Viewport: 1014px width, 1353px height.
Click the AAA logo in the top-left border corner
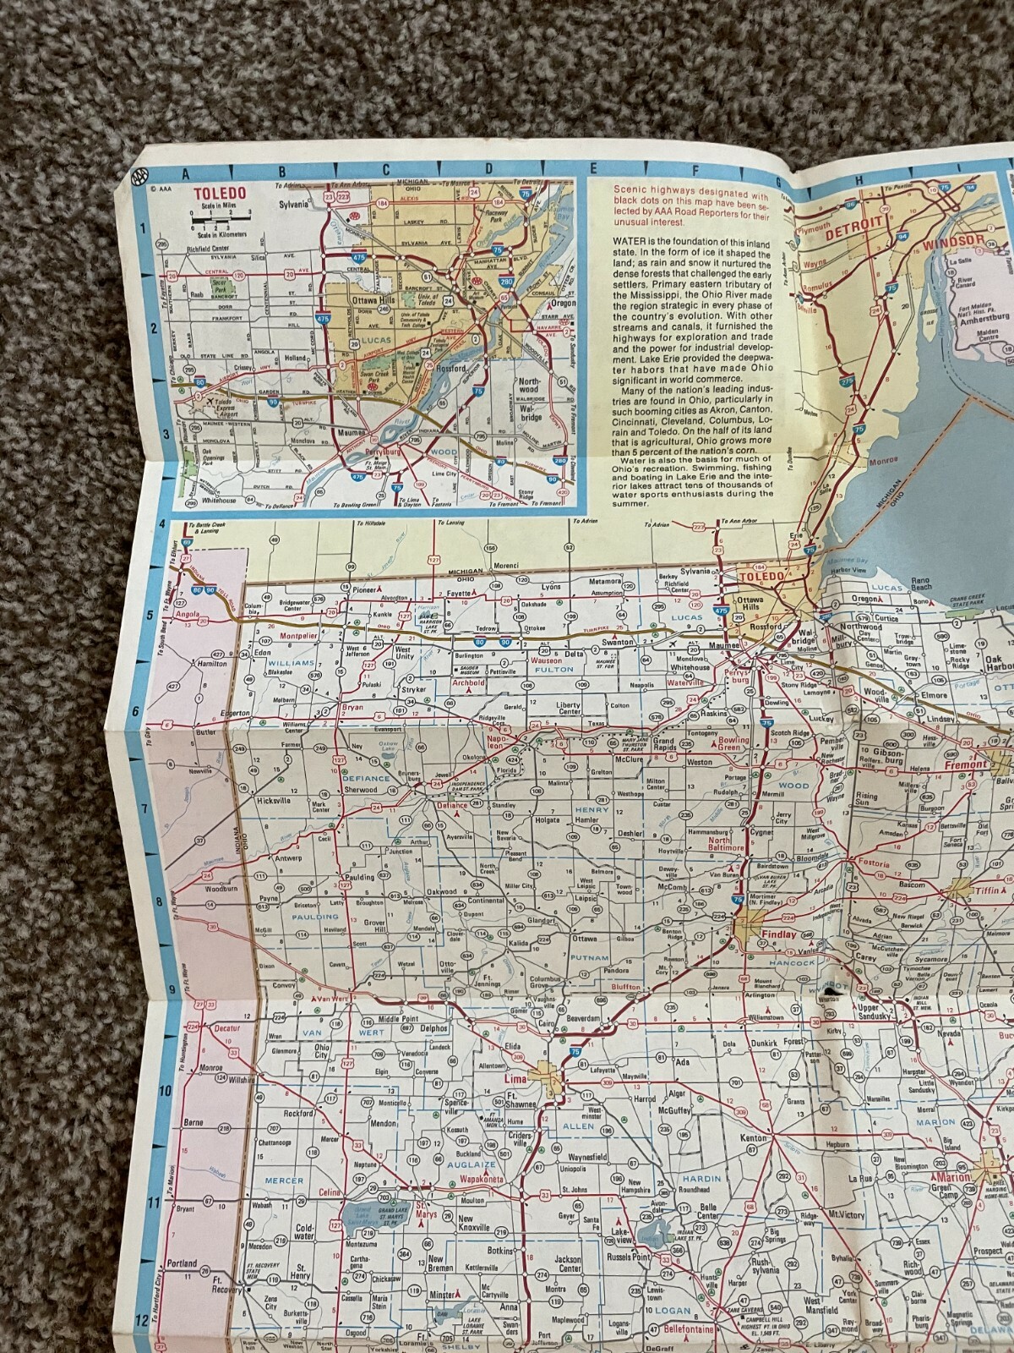point(136,178)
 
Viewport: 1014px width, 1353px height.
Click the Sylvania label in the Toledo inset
point(297,203)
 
